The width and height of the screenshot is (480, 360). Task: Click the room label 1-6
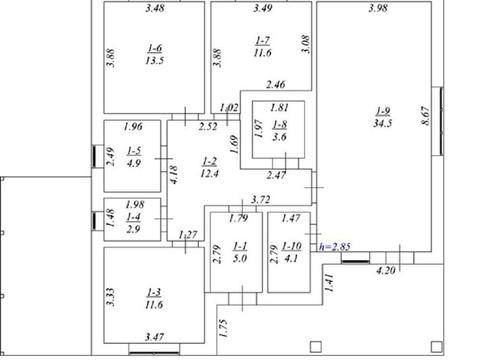155,48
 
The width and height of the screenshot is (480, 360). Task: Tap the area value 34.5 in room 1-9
382,123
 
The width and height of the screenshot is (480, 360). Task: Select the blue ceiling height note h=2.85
335,247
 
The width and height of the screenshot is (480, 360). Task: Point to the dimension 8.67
426,116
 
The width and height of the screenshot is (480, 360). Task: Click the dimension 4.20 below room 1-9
386,270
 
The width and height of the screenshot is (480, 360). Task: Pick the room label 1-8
280,124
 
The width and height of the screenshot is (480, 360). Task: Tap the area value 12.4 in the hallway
209,174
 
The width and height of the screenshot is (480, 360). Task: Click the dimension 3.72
260,200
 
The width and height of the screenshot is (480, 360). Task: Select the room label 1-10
292,246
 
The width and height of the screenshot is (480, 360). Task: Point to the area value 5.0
240,258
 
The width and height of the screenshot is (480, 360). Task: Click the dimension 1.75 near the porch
223,328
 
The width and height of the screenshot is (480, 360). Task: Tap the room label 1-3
154,292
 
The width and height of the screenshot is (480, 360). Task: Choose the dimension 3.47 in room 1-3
154,337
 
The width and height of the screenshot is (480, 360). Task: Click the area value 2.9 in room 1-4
133,229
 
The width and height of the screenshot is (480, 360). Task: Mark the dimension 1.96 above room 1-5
133,126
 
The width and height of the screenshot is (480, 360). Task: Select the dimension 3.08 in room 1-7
306,44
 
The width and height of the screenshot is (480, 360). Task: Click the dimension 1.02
229,108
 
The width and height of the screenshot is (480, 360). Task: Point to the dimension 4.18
173,175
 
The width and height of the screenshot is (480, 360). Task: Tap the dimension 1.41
329,283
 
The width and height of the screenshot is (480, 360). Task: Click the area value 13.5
155,61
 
